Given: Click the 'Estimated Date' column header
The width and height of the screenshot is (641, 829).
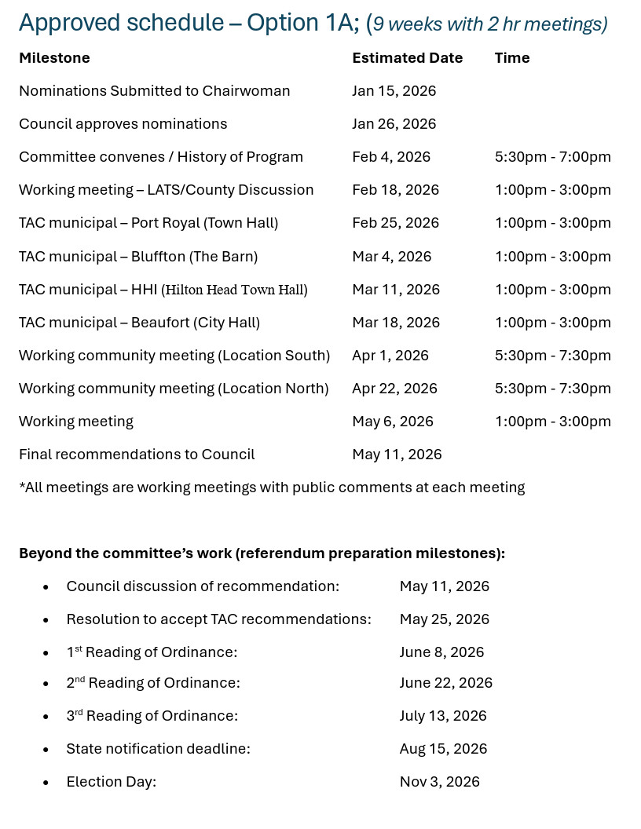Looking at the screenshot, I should [x=407, y=58].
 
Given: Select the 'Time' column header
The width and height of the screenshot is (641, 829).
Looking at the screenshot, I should [x=511, y=58].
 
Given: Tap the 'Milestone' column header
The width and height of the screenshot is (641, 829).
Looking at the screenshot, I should [x=54, y=58].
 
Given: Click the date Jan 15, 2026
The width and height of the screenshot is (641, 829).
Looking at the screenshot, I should [x=394, y=91].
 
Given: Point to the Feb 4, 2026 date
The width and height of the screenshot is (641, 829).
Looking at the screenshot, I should [x=391, y=157].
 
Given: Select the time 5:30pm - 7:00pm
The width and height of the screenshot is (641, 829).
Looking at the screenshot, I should [x=552, y=157].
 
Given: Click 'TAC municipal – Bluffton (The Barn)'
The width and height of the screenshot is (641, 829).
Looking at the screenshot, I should [x=138, y=257].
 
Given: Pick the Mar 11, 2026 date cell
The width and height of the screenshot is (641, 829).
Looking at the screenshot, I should [x=396, y=290].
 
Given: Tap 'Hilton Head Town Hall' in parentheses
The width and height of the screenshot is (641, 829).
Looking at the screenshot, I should [x=235, y=290].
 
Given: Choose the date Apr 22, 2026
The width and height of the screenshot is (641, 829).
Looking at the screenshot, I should [x=394, y=389].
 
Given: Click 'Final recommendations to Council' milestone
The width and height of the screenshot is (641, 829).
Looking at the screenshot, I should [x=137, y=455].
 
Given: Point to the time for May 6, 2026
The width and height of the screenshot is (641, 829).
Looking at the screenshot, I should [x=552, y=422].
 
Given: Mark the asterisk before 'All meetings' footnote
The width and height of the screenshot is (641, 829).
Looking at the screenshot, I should [x=22, y=485].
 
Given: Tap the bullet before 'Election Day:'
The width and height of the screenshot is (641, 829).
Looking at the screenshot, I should [x=46, y=783].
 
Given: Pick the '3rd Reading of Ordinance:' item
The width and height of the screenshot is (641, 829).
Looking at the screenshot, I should [x=152, y=716].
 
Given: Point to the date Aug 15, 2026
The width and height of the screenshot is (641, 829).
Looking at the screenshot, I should [x=443, y=749].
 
